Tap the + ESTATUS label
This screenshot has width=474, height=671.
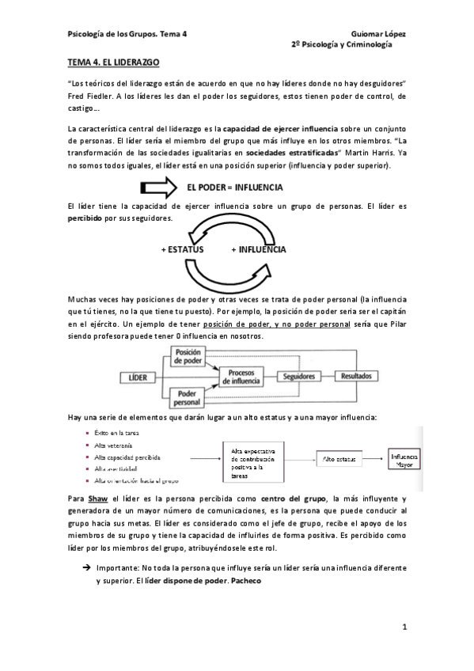pyautogui.click(x=182, y=248)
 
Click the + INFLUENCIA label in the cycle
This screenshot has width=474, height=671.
pyautogui.click(x=259, y=248)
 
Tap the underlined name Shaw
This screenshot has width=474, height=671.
pyautogui.click(x=97, y=499)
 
